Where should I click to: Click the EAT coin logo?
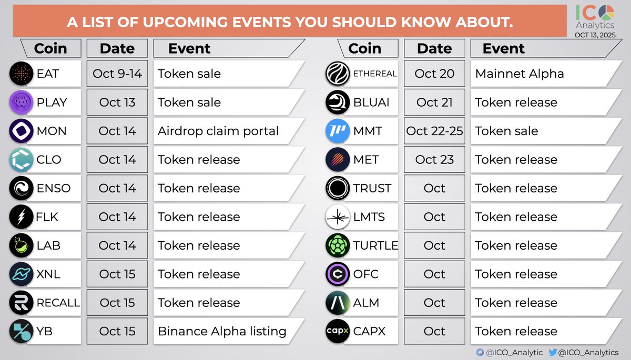click(x=21, y=74)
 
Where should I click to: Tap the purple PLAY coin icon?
click(x=21, y=102)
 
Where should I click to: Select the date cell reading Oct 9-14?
click(x=117, y=74)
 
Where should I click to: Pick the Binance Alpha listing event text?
click(x=222, y=331)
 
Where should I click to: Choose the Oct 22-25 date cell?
click(x=434, y=131)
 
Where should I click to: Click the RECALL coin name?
click(x=58, y=303)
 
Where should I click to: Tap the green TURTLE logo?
click(x=338, y=245)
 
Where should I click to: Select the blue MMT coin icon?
click(x=338, y=131)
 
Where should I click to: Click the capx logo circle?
click(x=338, y=331)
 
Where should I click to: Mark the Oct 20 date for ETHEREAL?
click(x=434, y=74)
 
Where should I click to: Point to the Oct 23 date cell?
click(x=434, y=159)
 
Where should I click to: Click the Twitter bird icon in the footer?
click(x=553, y=352)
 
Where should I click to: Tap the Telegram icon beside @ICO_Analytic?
click(x=480, y=352)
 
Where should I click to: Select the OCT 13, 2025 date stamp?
click(x=595, y=35)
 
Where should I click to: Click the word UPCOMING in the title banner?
click(x=185, y=22)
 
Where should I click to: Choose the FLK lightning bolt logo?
click(x=21, y=217)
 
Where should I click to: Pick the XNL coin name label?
click(x=48, y=274)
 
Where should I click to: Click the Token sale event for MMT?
click(x=506, y=131)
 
